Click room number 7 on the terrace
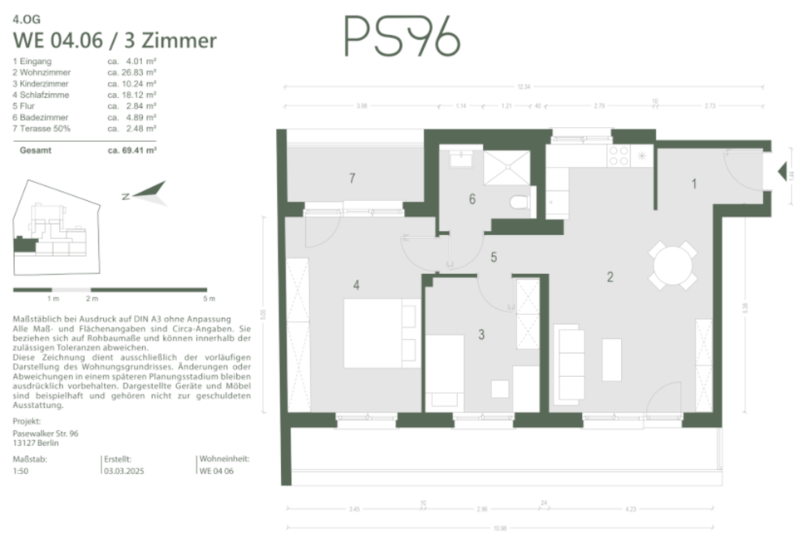[x=352, y=178]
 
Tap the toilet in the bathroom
[x=520, y=202]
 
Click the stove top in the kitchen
[x=619, y=154]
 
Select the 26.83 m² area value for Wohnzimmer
[x=133, y=72]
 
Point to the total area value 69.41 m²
[x=132, y=150]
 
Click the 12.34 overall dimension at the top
[x=523, y=86]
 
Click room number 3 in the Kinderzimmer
[x=481, y=336]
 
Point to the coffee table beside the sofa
[x=612, y=358]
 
